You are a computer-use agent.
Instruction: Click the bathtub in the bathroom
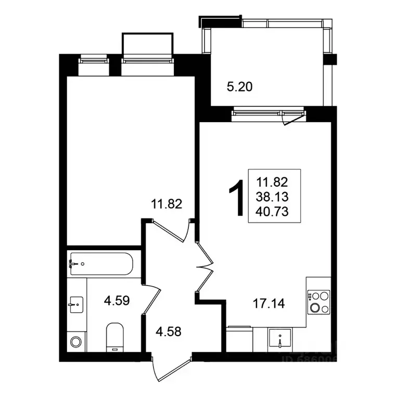[101, 264]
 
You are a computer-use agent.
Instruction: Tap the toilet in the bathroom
[114, 336]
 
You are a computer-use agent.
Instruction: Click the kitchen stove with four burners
[318, 302]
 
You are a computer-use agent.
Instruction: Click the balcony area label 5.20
[239, 87]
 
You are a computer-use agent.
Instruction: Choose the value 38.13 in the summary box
[272, 197]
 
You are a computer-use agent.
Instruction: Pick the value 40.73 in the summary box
[272, 211]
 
